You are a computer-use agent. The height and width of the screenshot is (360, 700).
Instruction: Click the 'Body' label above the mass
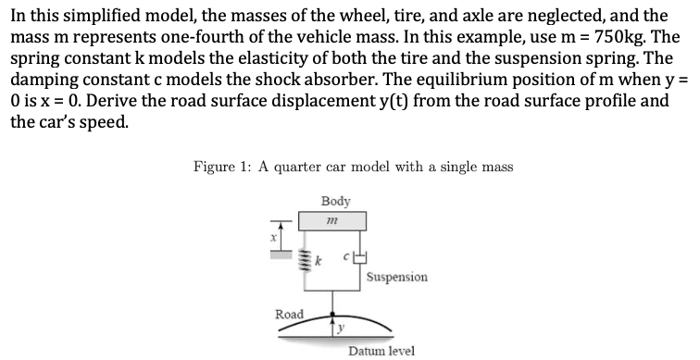pyautogui.click(x=334, y=200)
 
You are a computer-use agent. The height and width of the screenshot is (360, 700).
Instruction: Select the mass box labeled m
pyautogui.click(x=331, y=221)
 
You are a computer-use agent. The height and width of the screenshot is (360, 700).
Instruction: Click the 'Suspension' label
pyautogui.click(x=396, y=277)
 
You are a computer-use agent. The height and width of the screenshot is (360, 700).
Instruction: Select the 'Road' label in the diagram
pyautogui.click(x=290, y=315)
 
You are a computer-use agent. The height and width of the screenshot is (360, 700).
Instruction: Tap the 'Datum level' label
pyautogui.click(x=381, y=351)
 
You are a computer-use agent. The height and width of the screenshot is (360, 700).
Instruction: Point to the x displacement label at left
pyautogui.click(x=273, y=237)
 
